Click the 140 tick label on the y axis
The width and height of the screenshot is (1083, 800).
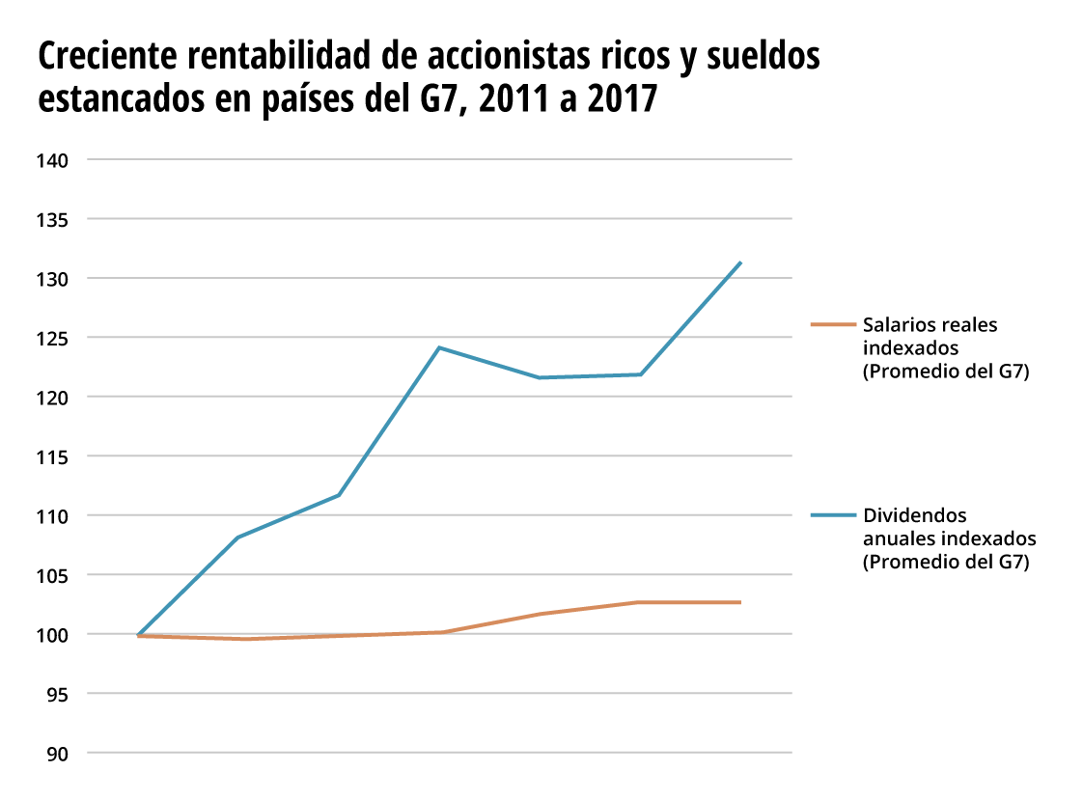(54, 160)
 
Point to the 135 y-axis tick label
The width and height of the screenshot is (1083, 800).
(54, 220)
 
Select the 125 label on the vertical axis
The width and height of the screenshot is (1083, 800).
(54, 339)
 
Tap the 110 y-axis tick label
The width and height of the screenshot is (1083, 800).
(54, 516)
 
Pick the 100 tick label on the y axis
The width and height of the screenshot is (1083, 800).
(54, 635)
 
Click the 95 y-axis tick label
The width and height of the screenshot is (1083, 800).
(59, 694)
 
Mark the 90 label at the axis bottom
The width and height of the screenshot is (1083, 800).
(59, 754)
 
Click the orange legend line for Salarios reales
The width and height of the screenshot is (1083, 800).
(833, 325)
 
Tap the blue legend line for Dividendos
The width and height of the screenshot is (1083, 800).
(833, 515)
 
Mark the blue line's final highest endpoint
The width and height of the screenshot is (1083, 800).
(740, 262)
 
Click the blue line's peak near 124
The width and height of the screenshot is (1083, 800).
(439, 347)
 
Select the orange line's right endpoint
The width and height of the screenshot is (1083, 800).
(740, 602)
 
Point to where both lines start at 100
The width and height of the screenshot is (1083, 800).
(139, 636)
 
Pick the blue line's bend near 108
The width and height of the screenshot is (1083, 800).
(237, 537)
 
